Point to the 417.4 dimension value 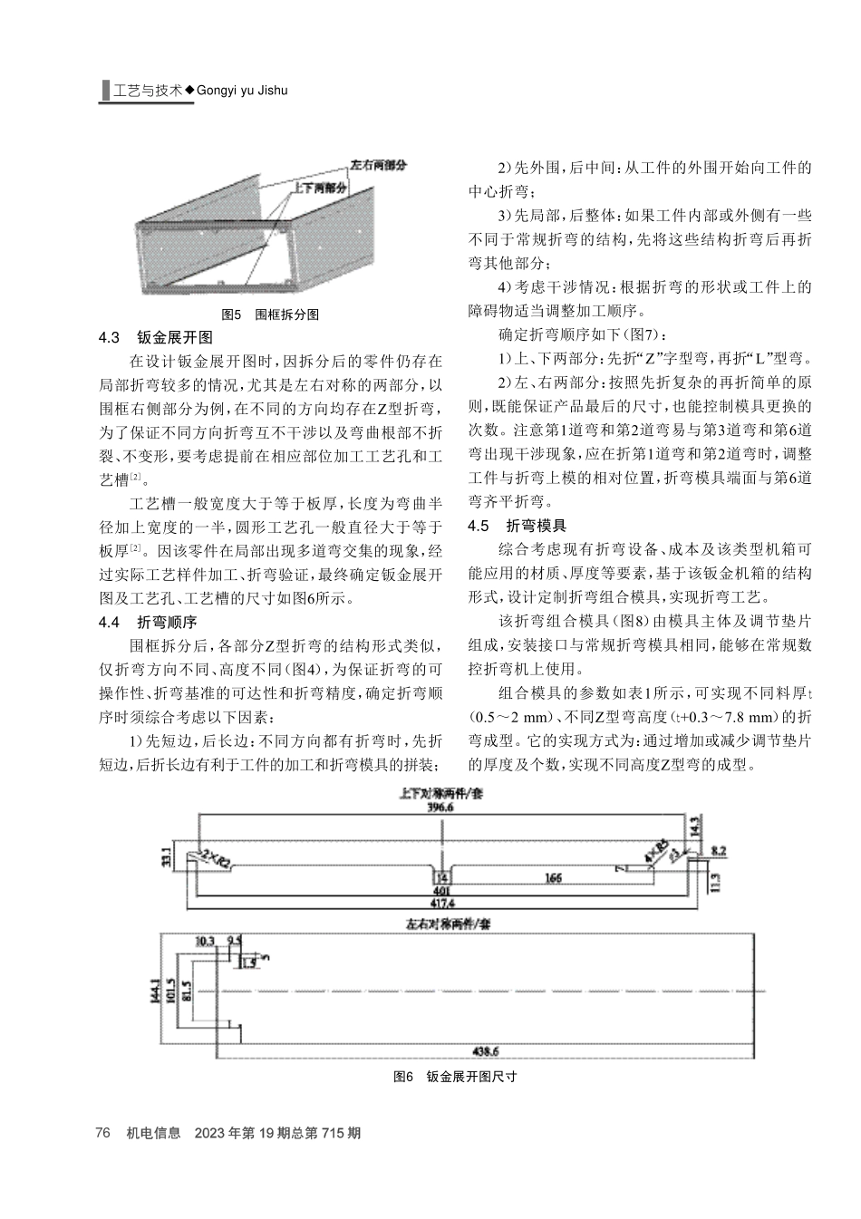pyautogui.click(x=440, y=903)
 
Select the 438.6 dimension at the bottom pyautogui.click(x=487, y=1051)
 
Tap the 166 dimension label pyautogui.click(x=553, y=877)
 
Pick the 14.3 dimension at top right pyautogui.click(x=694, y=828)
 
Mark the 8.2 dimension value pyautogui.click(x=719, y=851)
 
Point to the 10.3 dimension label pyautogui.click(x=206, y=942)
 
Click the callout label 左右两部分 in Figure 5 pyautogui.click(x=378, y=166)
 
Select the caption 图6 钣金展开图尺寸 pyautogui.click(x=455, y=1077)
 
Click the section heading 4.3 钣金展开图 pyautogui.click(x=155, y=338)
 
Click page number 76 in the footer pyautogui.click(x=102, y=1133)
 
